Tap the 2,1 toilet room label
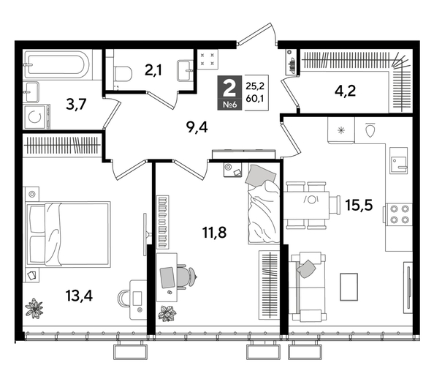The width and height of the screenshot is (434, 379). click(153, 70)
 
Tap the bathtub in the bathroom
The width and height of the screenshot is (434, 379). click(56, 66)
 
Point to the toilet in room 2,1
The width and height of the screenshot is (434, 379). click(123, 72)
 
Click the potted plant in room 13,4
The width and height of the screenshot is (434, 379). click(34, 308)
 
